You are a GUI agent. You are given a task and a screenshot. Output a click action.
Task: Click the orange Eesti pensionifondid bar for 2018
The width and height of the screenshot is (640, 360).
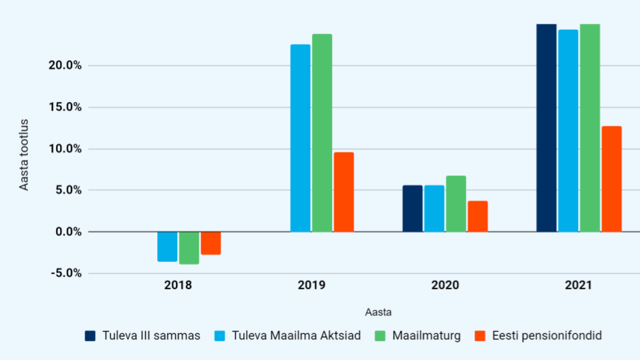click(211, 243)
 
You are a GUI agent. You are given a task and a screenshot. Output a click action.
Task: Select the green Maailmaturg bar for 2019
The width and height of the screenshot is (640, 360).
click(322, 133)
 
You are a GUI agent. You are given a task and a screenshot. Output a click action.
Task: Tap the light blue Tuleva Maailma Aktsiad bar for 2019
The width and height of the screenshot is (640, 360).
click(301, 139)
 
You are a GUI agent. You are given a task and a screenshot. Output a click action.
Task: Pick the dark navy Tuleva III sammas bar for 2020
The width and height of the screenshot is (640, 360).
click(413, 209)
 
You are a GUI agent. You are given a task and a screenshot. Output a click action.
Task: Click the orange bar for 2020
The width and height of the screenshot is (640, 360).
click(477, 216)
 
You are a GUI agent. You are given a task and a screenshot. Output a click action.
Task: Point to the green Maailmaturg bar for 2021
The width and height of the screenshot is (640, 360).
click(590, 128)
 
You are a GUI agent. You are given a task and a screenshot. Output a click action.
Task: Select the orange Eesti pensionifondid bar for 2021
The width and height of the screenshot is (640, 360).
click(611, 179)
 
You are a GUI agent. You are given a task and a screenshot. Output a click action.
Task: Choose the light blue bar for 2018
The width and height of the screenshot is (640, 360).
click(167, 247)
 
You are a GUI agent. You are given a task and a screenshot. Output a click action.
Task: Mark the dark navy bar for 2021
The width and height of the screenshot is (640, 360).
click(547, 128)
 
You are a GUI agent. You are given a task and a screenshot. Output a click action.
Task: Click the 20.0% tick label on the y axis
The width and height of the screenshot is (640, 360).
click(65, 65)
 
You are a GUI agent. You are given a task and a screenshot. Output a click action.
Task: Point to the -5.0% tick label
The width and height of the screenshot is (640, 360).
click(66, 273)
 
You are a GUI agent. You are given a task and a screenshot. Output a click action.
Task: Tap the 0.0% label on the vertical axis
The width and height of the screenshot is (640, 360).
click(69, 232)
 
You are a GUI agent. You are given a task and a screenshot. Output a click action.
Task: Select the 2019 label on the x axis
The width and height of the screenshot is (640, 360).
click(311, 285)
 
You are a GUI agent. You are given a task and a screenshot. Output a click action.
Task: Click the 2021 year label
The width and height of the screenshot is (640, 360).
click(579, 285)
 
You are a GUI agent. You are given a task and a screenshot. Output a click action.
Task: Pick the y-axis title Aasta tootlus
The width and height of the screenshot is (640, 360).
click(24, 155)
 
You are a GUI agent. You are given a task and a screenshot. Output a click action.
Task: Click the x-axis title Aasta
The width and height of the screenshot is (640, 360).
click(379, 312)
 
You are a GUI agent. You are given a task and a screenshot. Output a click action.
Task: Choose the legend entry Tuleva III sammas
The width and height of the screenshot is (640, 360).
click(143, 335)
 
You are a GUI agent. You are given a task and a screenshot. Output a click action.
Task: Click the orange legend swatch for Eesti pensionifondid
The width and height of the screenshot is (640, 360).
click(481, 336)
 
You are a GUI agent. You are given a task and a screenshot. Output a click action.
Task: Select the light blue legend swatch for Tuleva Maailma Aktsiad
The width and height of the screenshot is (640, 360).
click(219, 336)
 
